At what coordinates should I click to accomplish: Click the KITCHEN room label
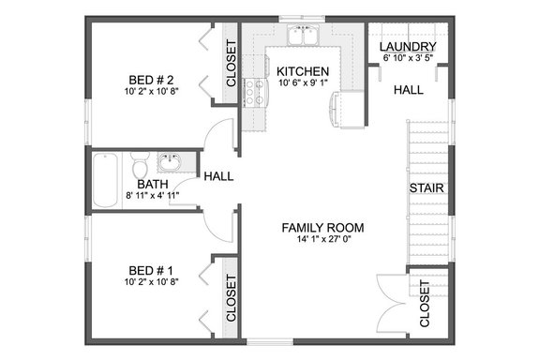click(303, 70)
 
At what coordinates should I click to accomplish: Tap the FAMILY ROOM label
click(322, 228)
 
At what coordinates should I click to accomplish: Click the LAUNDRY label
click(407, 47)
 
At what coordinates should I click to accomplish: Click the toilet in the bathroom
click(138, 167)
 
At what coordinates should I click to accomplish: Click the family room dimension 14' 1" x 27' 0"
click(322, 241)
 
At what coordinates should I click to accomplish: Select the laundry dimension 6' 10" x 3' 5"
click(407, 59)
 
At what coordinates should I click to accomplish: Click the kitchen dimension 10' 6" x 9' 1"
click(303, 83)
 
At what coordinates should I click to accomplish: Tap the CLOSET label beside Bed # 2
click(231, 67)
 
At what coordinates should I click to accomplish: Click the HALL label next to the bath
click(218, 175)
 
